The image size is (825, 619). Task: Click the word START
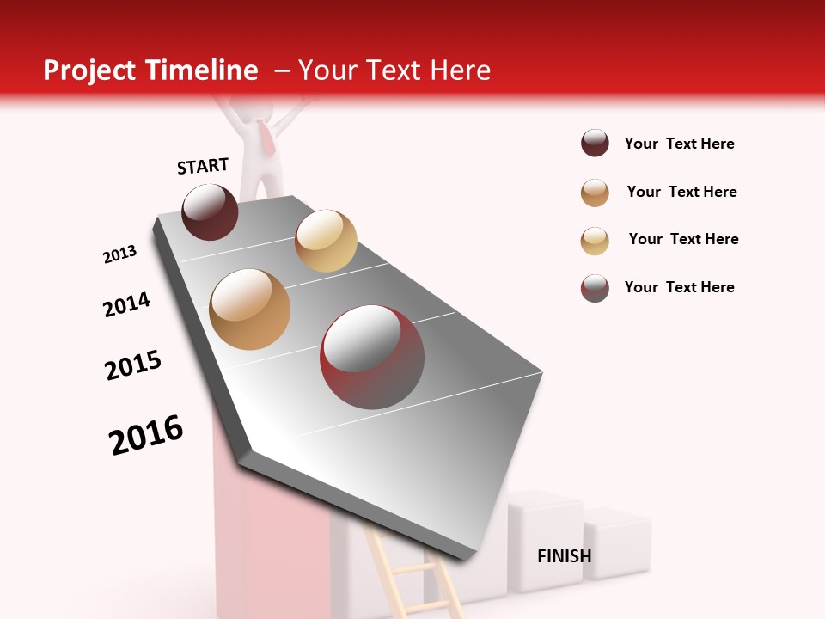pos(203,166)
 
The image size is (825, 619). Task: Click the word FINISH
pos(564,556)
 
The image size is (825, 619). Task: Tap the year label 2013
pos(120,254)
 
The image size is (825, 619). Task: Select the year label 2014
pos(126,304)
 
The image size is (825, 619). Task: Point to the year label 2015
pos(133,365)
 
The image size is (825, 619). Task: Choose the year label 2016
pos(146,435)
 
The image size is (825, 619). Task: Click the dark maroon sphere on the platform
pos(210,211)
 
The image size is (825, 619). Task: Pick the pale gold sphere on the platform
pos(326,241)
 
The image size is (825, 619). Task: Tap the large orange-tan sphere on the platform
pos(250,309)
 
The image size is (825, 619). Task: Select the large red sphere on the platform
pos(372,357)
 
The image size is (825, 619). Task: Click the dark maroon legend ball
pos(595,144)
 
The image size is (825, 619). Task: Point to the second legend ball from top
pos(595,193)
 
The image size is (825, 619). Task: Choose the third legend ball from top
pos(595,240)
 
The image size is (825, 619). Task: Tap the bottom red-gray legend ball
pos(595,288)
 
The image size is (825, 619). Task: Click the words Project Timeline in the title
pos(150,70)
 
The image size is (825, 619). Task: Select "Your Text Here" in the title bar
pos(394,70)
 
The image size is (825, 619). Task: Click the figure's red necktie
pos(267,138)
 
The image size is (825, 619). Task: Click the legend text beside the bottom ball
pos(679,287)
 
